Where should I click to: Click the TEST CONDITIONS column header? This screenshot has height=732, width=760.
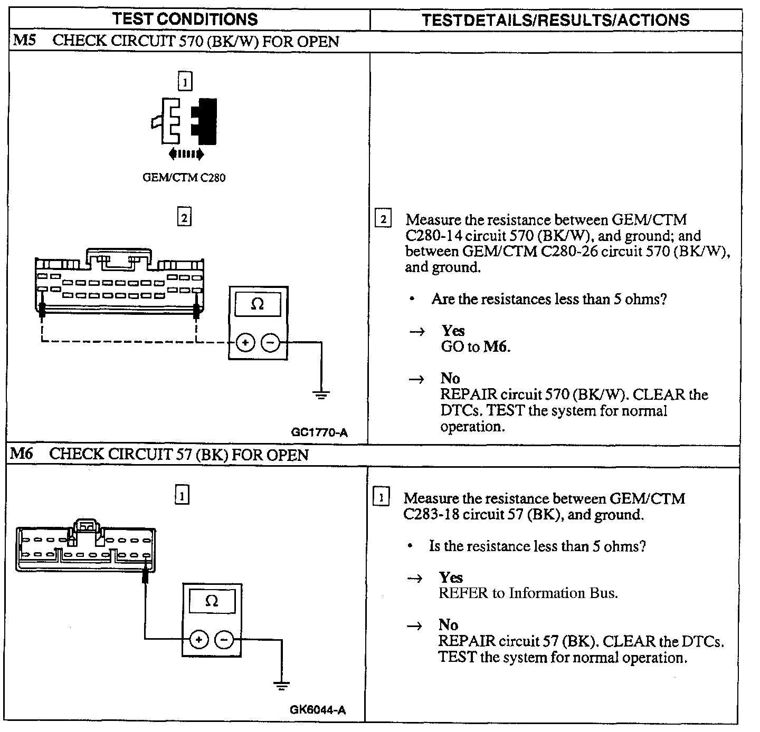(x=185, y=20)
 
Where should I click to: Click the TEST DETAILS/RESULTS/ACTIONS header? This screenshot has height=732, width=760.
(x=555, y=20)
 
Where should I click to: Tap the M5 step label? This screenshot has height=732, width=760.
(x=24, y=41)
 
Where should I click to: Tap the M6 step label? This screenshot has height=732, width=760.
(x=22, y=454)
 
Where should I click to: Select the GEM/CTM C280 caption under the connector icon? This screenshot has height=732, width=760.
(x=184, y=178)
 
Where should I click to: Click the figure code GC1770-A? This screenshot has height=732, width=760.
(x=319, y=433)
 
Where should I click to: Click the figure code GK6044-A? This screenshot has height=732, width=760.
(x=318, y=710)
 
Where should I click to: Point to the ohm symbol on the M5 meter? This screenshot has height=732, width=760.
(x=258, y=304)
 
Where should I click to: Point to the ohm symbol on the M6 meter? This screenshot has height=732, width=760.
(x=212, y=601)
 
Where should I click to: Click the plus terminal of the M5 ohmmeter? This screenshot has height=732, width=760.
(x=245, y=343)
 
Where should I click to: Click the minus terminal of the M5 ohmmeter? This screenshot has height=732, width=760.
(x=270, y=343)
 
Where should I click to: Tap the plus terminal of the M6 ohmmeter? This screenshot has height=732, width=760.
(x=199, y=640)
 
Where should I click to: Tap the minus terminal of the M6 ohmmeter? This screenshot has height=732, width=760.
(x=224, y=640)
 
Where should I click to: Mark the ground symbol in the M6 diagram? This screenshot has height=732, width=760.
(x=282, y=686)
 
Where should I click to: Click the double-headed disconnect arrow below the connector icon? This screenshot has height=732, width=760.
(x=186, y=154)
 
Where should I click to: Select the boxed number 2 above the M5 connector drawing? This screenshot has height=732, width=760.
(x=184, y=217)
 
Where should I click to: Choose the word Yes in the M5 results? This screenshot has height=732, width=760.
(x=453, y=331)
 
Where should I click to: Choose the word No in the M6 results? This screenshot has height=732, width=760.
(x=448, y=625)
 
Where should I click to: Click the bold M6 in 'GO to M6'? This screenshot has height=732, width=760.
(x=496, y=346)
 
